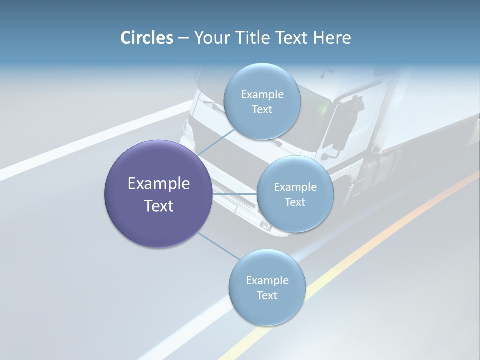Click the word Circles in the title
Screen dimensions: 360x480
[x=146, y=38]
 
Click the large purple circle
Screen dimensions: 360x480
[x=158, y=194]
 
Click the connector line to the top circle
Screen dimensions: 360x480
[x=216, y=142]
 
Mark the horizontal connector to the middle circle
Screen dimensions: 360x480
[x=234, y=194]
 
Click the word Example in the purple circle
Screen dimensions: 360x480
[x=159, y=184]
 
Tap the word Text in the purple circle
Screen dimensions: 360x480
[x=159, y=206]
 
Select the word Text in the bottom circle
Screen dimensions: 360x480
[x=267, y=295]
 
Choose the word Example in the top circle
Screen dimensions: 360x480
[x=262, y=94]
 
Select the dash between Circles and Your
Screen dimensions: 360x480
[x=183, y=38]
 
